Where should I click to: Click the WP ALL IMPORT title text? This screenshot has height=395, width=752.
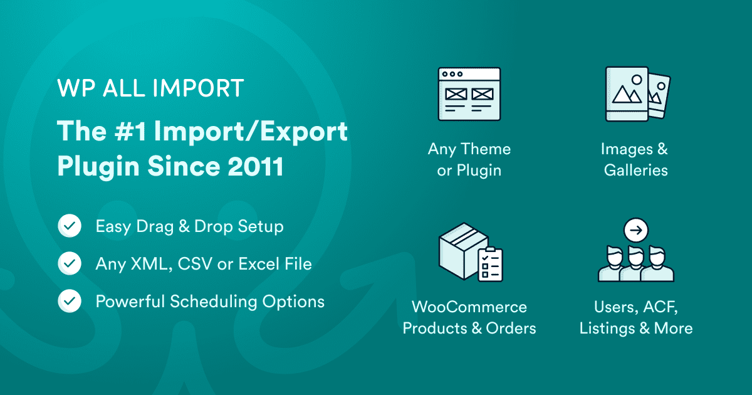tap(150, 88)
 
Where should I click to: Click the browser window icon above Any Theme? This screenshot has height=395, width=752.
tap(469, 94)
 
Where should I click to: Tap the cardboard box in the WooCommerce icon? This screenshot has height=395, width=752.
tap(459, 248)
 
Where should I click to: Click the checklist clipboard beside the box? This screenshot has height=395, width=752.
tap(489, 264)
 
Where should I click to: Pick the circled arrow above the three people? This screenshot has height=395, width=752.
tap(636, 231)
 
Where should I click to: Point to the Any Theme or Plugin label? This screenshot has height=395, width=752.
tap(469, 159)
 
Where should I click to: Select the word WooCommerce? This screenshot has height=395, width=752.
tap(469, 307)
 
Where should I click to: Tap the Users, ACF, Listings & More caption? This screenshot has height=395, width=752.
tap(635, 318)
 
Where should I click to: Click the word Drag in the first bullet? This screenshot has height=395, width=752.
tap(157, 226)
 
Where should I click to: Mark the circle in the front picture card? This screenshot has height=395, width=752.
tap(637, 80)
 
